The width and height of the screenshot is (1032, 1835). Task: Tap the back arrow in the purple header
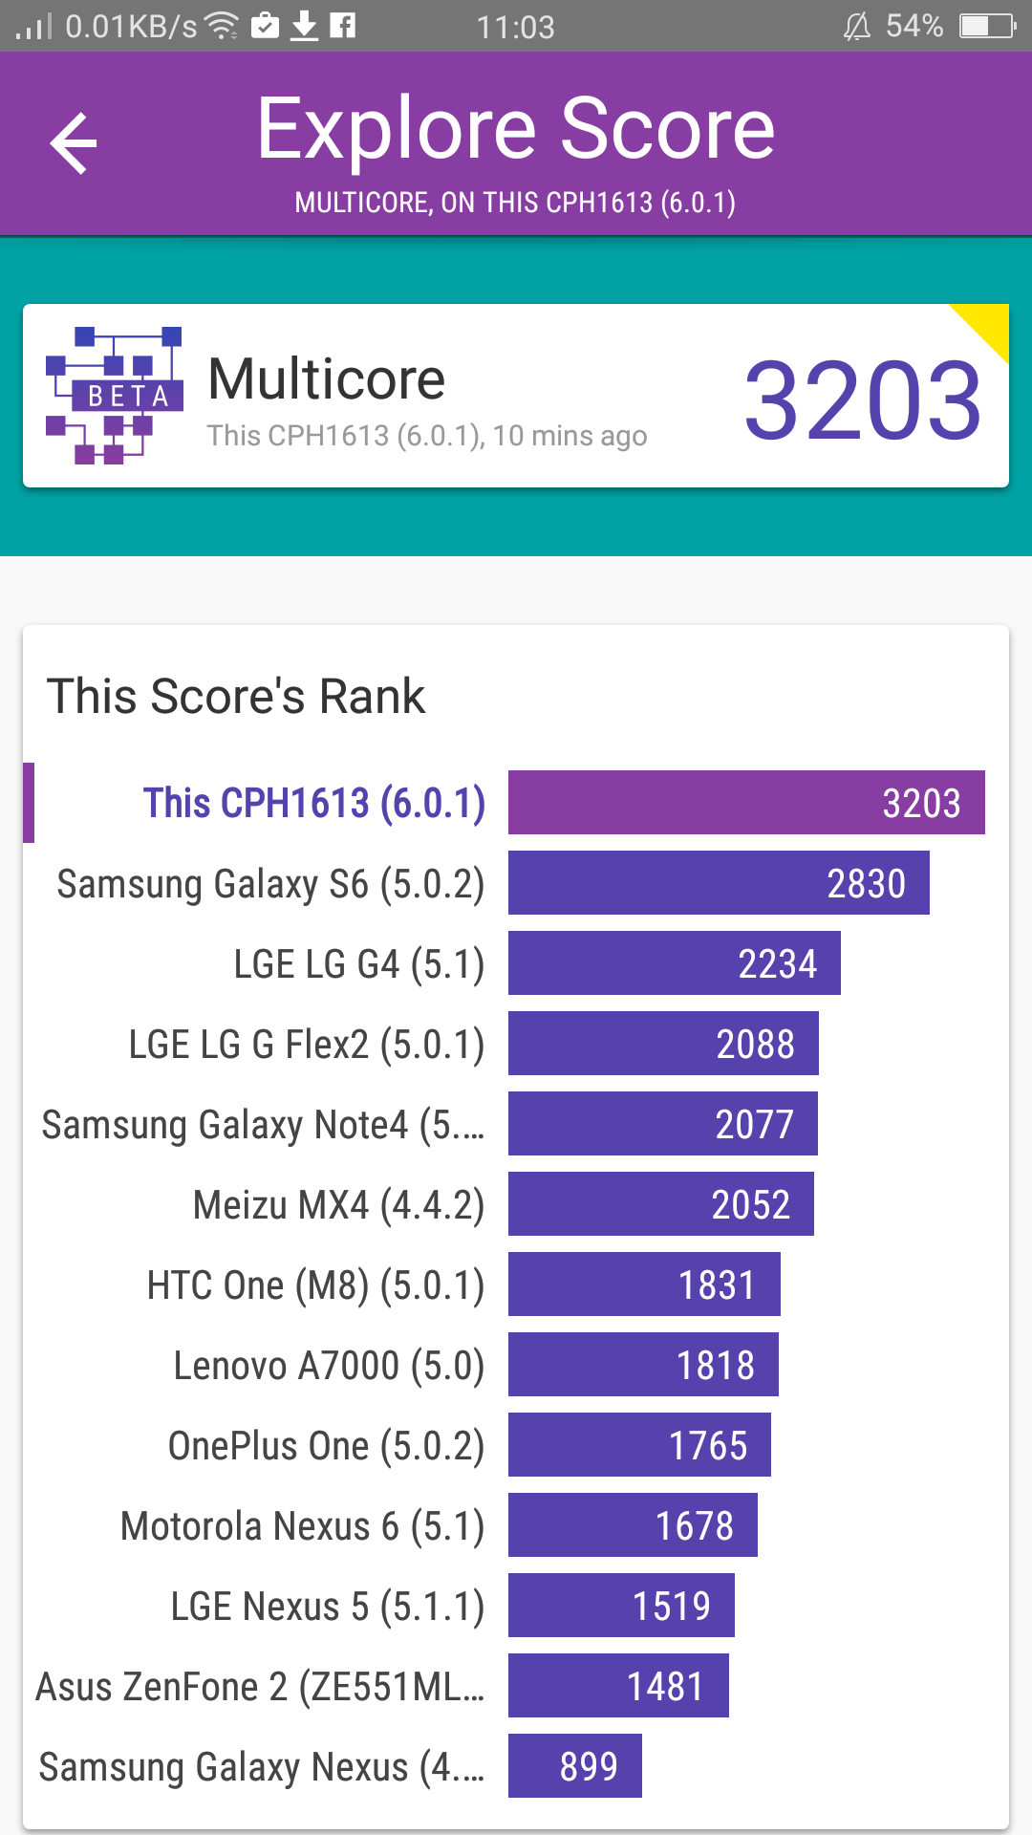point(74,143)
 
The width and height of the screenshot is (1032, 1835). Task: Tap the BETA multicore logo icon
point(115,396)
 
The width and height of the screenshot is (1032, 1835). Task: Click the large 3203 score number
point(863,399)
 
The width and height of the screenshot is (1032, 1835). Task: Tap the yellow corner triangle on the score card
point(989,324)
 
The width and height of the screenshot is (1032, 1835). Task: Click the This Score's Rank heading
point(236,696)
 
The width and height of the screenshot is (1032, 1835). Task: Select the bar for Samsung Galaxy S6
point(719,883)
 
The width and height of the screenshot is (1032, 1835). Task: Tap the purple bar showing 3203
point(746,803)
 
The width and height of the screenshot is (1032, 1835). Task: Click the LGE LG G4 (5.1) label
point(359,964)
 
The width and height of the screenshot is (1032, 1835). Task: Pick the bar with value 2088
point(663,1044)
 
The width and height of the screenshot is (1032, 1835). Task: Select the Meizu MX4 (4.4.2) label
point(339,1205)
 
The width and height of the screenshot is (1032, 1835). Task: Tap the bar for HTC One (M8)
point(644,1284)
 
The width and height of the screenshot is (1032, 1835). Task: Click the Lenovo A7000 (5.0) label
point(329,1366)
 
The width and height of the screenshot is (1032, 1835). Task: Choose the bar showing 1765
point(639,1445)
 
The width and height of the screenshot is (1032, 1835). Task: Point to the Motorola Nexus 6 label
point(303,1526)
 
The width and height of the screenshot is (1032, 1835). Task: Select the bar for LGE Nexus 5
point(621,1606)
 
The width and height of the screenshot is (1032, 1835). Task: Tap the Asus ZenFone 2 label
point(260,1687)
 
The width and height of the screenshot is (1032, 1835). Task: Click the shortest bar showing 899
point(575,1766)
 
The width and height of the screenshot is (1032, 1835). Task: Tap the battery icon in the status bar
point(988,26)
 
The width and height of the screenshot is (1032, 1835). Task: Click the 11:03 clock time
point(516,27)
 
